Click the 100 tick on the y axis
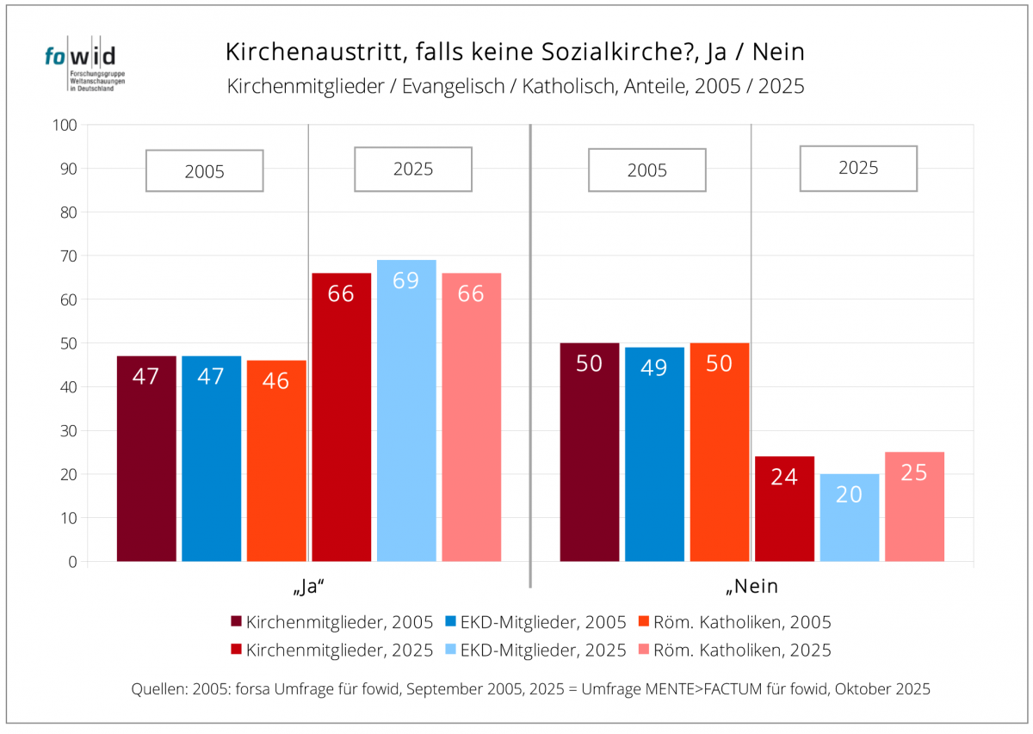[x=67, y=126]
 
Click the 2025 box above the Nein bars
[x=858, y=168]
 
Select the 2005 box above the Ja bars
[x=204, y=170]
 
